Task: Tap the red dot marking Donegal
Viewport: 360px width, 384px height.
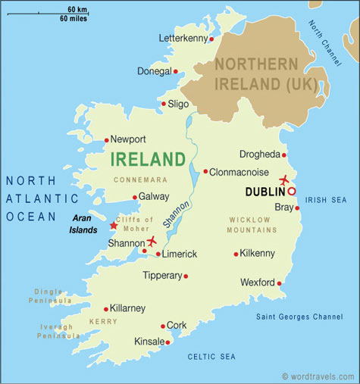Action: pyautogui.click(x=176, y=72)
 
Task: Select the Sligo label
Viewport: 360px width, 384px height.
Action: pyautogui.click(x=178, y=104)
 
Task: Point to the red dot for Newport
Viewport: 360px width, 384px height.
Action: pyautogui.click(x=106, y=139)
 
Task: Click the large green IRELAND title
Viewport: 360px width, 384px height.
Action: pyautogui.click(x=148, y=160)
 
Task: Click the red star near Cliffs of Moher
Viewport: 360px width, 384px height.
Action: pyautogui.click(x=114, y=225)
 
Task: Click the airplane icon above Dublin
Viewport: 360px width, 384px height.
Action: pyautogui.click(x=284, y=180)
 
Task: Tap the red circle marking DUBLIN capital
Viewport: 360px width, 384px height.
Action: pyautogui.click(x=291, y=192)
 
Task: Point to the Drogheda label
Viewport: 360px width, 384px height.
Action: pyautogui.click(x=260, y=154)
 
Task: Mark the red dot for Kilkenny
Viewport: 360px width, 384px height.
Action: pyautogui.click(x=236, y=254)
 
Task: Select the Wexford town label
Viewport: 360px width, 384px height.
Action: pyautogui.click(x=258, y=283)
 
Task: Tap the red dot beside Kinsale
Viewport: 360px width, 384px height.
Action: pyautogui.click(x=167, y=342)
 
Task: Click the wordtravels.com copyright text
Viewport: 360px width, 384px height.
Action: pyautogui.click(x=318, y=376)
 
